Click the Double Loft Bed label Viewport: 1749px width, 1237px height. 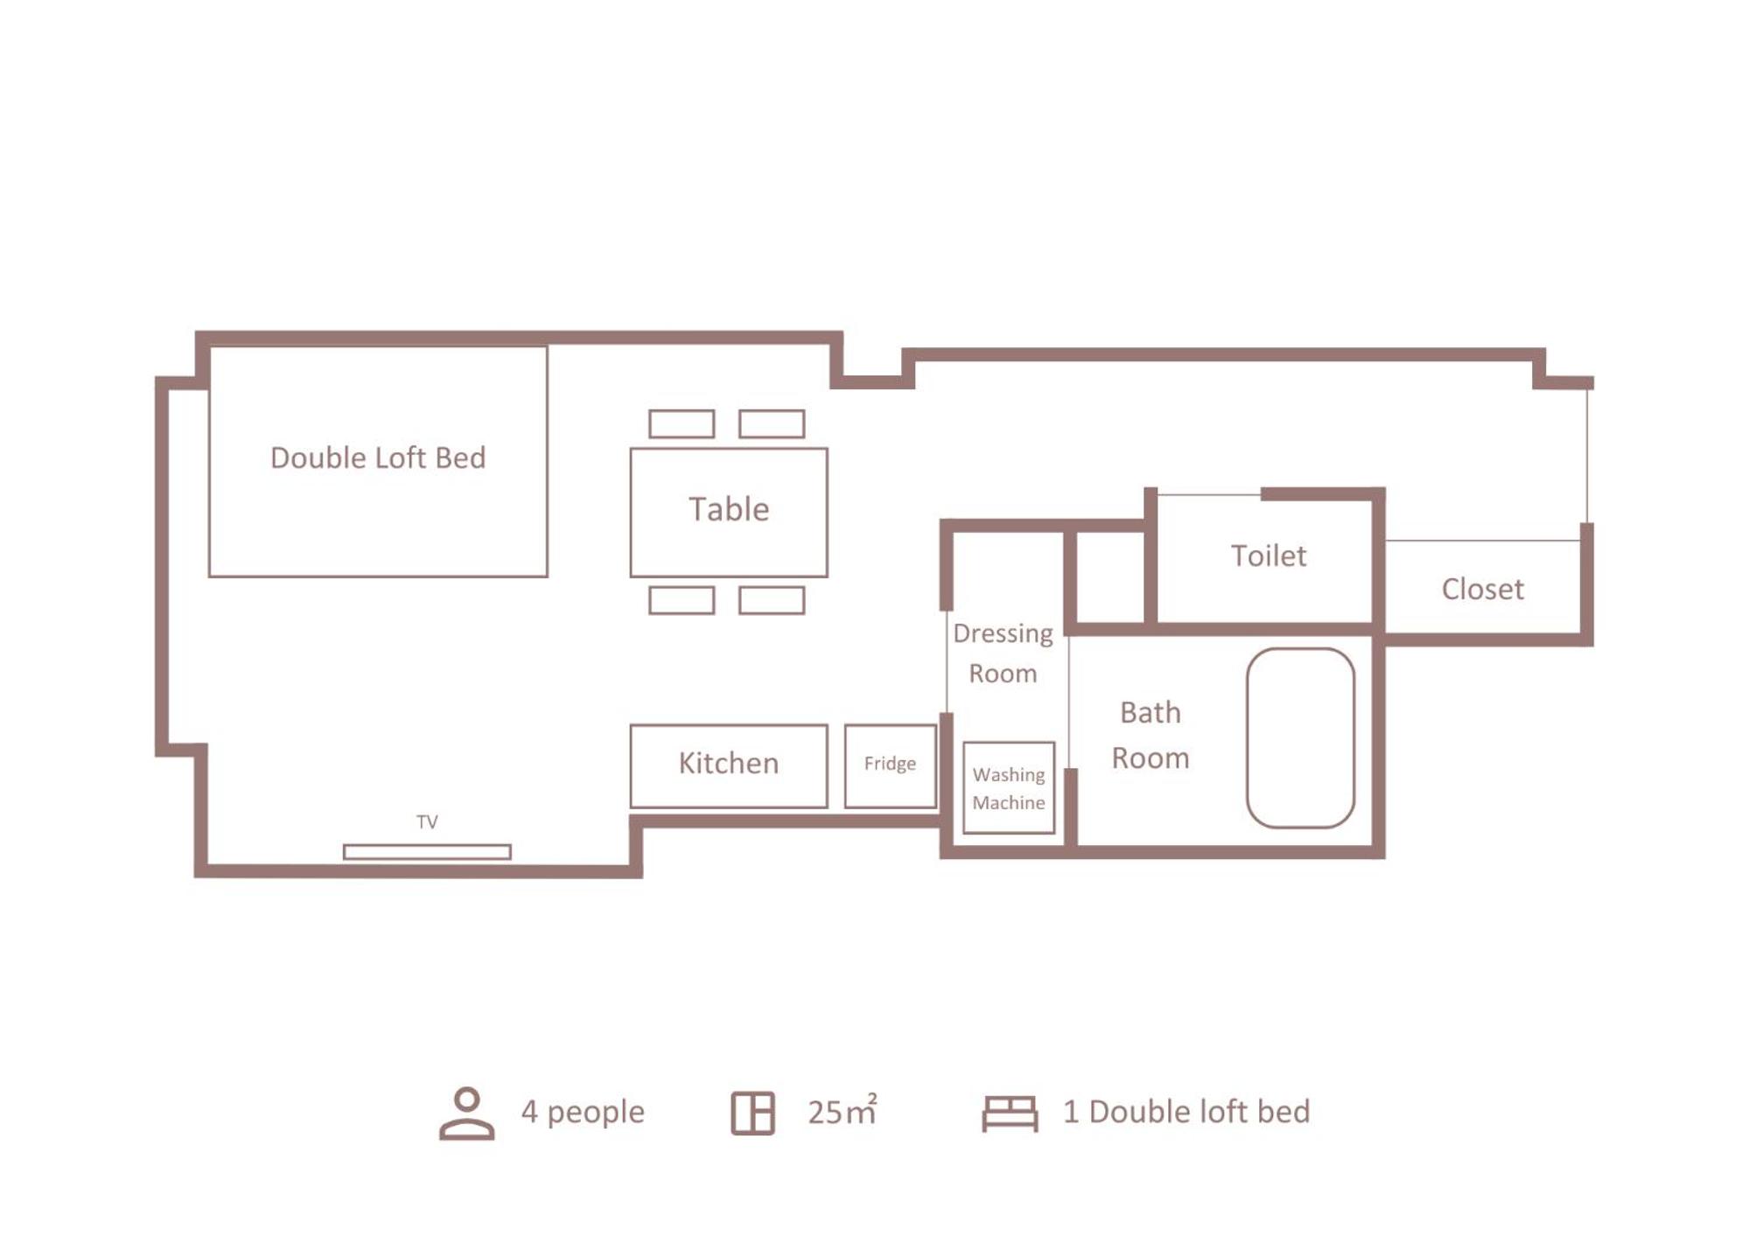click(377, 458)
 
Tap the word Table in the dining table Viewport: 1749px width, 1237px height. click(729, 509)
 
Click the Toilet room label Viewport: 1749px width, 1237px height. click(1269, 556)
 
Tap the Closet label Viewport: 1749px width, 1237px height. click(1482, 589)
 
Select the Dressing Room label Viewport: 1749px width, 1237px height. click(1003, 653)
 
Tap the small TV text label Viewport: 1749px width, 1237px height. click(427, 821)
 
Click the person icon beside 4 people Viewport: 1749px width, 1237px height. click(466, 1113)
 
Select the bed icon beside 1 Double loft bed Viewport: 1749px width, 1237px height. click(1010, 1114)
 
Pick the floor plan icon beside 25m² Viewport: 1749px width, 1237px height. click(752, 1114)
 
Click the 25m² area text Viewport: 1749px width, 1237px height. click(842, 1110)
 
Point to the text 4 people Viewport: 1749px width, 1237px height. click(583, 1112)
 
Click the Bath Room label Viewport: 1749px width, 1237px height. click(1150, 735)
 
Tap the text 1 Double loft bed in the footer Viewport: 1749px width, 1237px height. click(1186, 1111)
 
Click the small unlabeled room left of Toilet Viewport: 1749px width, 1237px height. click(1110, 577)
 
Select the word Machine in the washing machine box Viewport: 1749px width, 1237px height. click(1009, 802)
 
